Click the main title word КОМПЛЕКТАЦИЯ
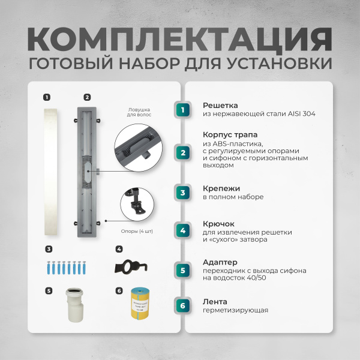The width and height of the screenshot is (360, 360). point(179,38)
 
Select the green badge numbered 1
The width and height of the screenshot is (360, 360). point(184,109)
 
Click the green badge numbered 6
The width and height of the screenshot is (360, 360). point(184,305)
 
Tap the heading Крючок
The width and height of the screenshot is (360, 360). point(218,224)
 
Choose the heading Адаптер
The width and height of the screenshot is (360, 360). point(220,262)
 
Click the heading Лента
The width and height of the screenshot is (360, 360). point(214,301)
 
